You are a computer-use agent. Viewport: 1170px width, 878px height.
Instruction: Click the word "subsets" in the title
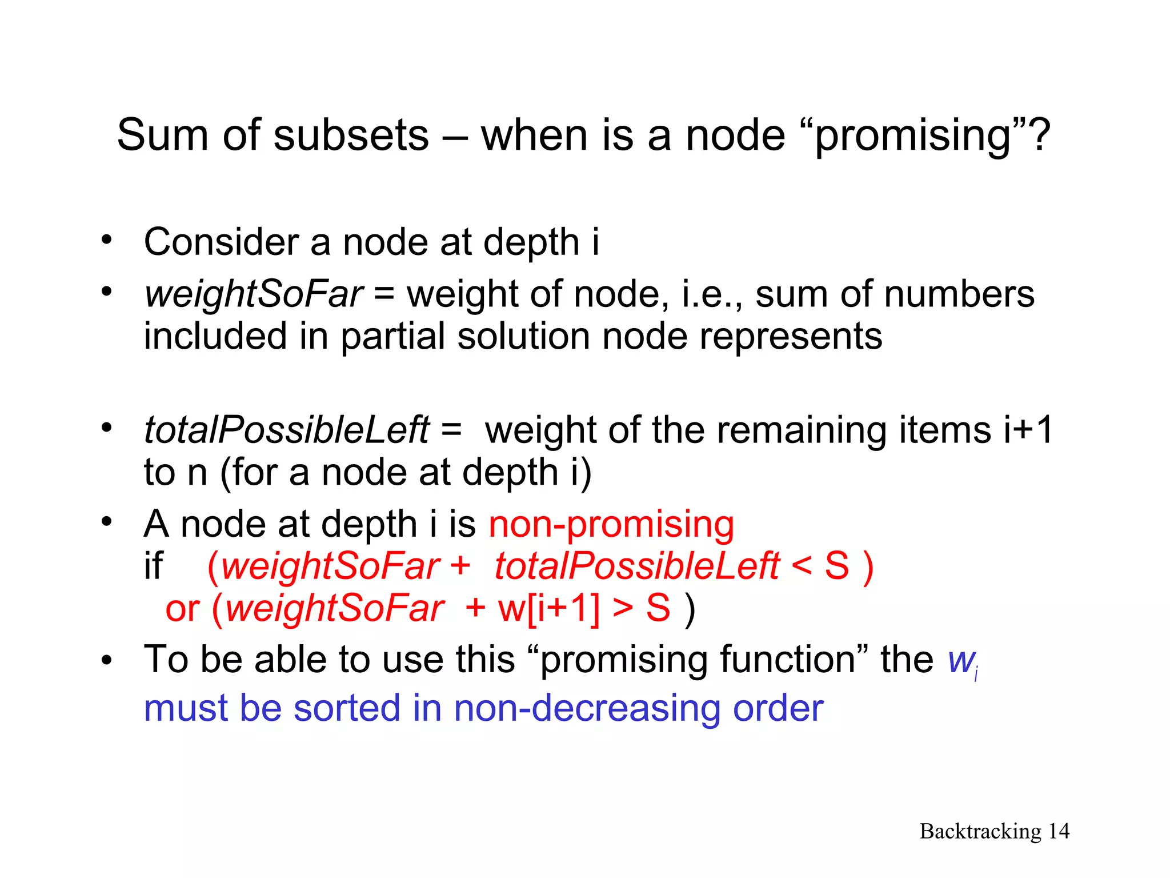click(351, 135)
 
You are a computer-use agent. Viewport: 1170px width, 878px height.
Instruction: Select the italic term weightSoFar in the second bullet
click(254, 295)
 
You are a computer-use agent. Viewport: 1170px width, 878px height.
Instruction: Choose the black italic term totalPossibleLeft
click(286, 430)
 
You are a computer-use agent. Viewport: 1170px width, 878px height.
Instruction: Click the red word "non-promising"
click(611, 525)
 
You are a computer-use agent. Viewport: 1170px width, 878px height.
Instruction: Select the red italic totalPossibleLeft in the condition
click(636, 566)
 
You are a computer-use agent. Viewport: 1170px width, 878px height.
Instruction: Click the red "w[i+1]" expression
click(548, 608)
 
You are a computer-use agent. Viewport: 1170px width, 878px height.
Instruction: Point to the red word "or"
click(182, 609)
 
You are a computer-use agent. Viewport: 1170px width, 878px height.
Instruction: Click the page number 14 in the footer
click(1059, 831)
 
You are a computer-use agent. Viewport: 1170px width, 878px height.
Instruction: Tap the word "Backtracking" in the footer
click(980, 832)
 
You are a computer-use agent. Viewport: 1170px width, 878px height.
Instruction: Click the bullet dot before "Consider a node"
click(106, 240)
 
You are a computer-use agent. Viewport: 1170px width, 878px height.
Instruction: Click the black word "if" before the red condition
click(153, 566)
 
